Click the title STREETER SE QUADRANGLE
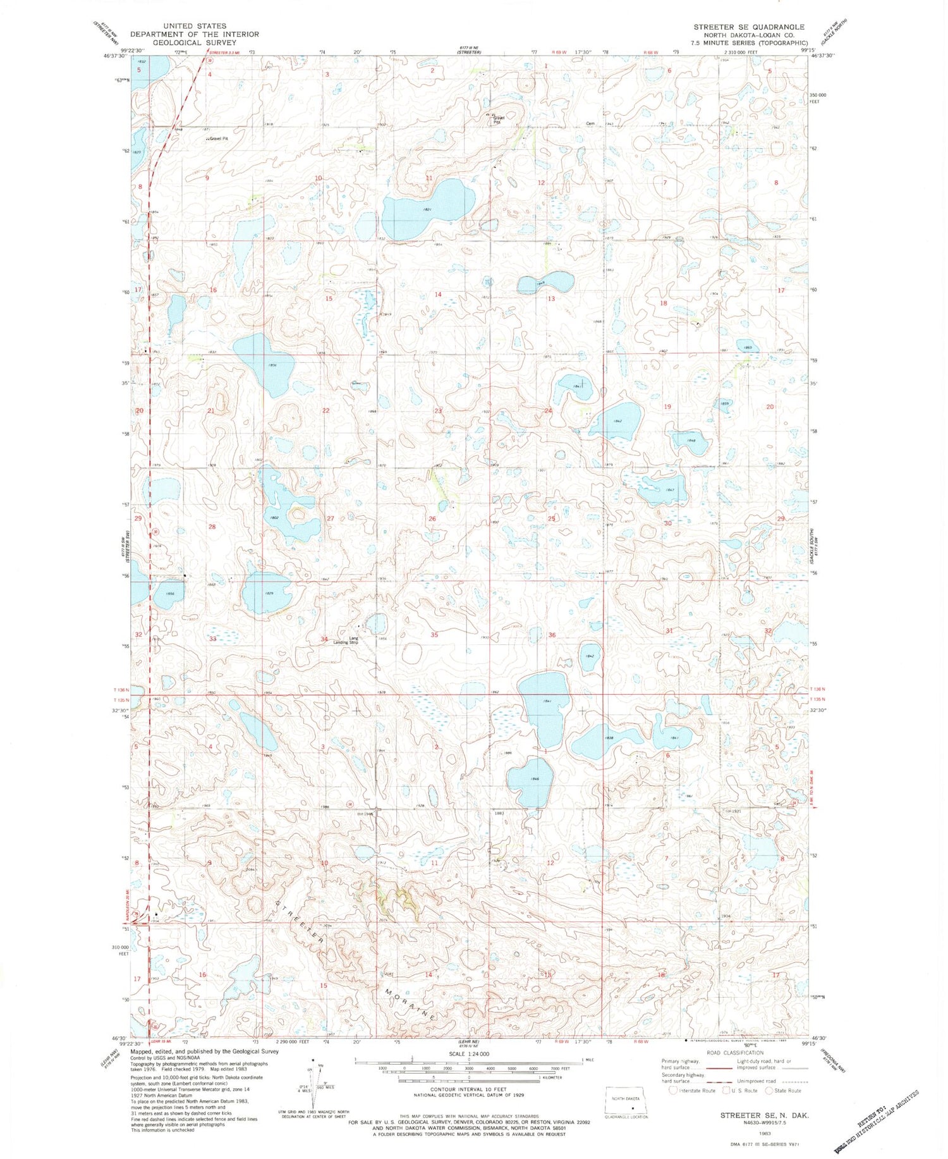(748, 27)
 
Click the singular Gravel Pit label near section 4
(217, 138)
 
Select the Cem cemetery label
(590, 124)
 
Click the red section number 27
(330, 518)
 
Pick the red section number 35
(434, 635)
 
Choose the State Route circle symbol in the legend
(769, 1090)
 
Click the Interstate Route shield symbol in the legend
(673, 1090)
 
